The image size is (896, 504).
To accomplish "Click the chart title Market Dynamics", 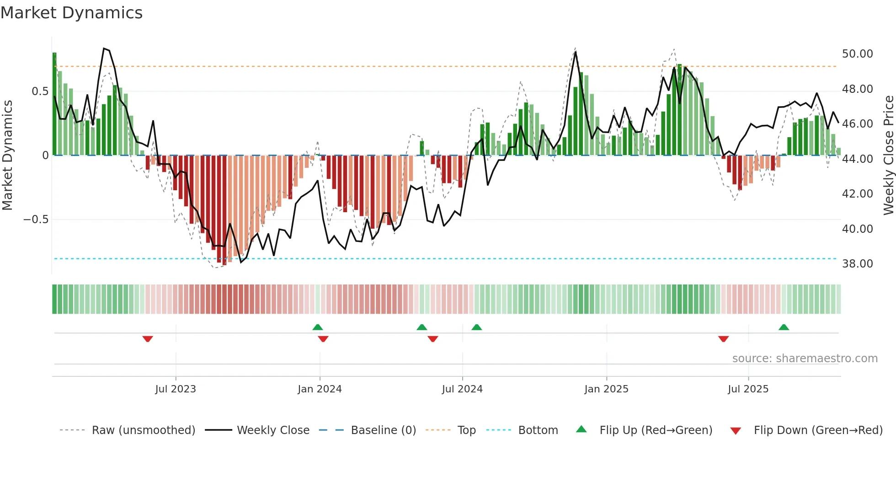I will [72, 13].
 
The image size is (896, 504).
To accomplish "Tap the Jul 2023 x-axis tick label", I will [176, 389].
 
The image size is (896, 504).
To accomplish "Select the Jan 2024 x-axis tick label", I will [320, 389].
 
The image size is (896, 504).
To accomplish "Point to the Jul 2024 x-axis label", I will [462, 389].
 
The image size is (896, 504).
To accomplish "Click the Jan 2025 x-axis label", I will [606, 389].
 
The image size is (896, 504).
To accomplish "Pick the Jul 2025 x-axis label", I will [748, 389].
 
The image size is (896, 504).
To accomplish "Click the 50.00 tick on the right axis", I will [857, 54].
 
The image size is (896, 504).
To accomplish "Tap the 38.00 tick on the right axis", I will [857, 264].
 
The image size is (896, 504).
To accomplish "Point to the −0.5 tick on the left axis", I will [36, 220].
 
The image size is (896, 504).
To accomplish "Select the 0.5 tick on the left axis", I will [40, 91].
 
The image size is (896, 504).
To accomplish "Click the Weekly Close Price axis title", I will [888, 155].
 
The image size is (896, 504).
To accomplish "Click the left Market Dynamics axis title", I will [7, 155].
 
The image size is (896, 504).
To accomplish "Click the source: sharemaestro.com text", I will [805, 359].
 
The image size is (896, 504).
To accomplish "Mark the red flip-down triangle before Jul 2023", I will [147, 339].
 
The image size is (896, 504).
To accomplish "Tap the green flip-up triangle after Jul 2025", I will [784, 327].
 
